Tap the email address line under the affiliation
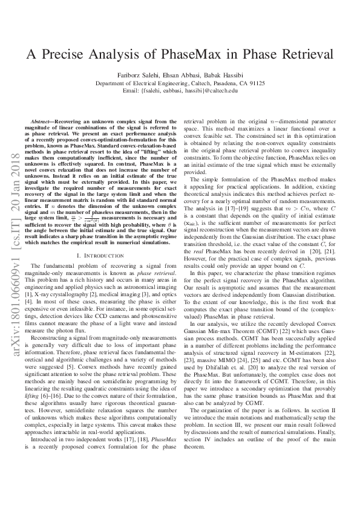coord(180,91)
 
